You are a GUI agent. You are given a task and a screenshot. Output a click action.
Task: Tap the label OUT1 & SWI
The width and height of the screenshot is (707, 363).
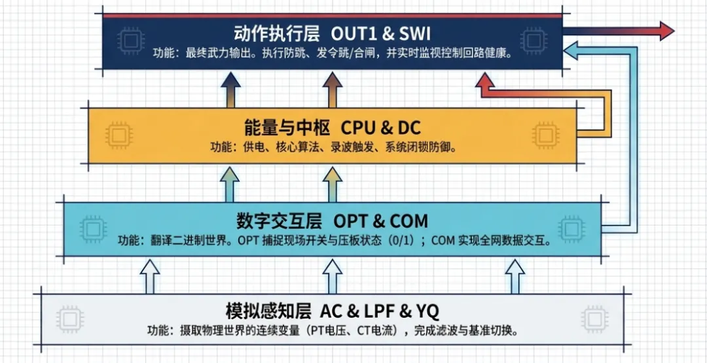point(381,33)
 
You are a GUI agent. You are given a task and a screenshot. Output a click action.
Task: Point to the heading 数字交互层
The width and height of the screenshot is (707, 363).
point(278,220)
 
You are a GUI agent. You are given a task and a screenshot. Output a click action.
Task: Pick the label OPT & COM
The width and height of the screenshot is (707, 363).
point(381,220)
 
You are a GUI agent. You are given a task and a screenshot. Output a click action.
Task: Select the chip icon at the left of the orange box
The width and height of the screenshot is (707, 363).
point(119,135)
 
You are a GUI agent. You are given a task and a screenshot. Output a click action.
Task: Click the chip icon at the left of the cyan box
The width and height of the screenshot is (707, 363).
point(93,228)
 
